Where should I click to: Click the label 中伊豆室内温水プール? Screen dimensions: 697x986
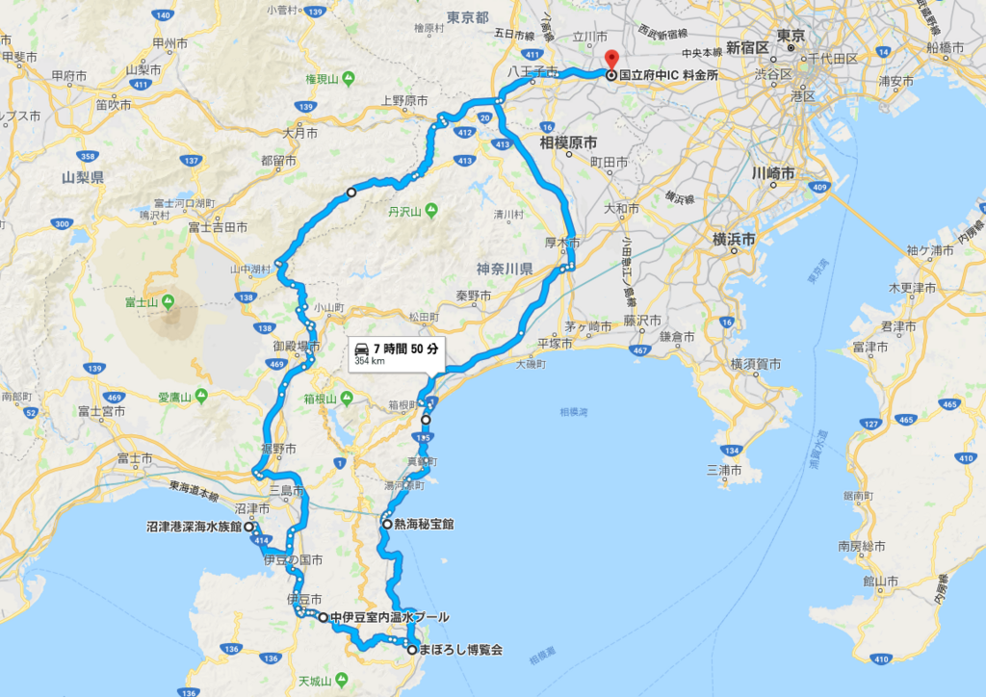coord(389,617)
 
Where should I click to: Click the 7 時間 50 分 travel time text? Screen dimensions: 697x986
coord(402,348)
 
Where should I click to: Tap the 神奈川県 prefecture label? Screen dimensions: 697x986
coord(505,269)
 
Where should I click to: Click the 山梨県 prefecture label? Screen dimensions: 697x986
coord(83,177)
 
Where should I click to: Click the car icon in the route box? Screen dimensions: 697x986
coord(359,348)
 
